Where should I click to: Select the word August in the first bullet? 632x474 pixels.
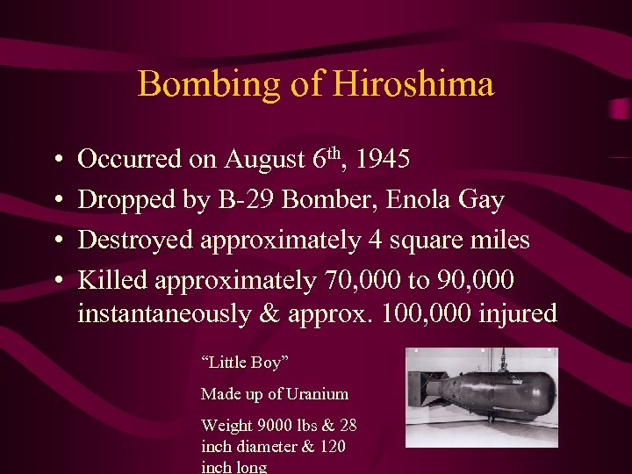point(264,161)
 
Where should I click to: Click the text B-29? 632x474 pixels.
point(242,200)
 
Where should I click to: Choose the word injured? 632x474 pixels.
point(517,314)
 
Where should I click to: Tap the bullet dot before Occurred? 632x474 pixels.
point(55,161)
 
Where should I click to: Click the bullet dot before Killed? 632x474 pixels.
point(55,281)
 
